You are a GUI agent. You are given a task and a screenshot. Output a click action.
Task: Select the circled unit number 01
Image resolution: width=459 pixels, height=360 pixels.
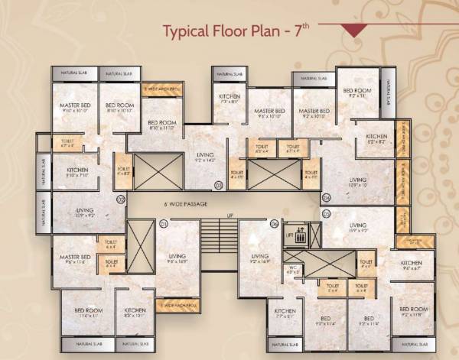tap(163, 223)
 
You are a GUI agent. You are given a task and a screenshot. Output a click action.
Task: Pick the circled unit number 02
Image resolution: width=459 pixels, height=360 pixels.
tap(121, 199)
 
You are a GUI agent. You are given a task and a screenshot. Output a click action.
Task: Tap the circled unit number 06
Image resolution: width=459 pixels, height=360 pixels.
tap(275, 223)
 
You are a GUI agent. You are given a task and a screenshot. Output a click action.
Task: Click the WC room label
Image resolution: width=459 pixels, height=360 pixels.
tap(292, 269)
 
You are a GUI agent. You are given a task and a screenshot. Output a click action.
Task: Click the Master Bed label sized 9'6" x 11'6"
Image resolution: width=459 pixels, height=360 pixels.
tap(76, 259)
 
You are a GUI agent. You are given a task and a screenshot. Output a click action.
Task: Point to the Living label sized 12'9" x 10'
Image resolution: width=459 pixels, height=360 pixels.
tap(358, 183)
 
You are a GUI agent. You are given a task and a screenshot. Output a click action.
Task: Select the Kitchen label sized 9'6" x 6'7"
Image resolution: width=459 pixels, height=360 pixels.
tap(412, 265)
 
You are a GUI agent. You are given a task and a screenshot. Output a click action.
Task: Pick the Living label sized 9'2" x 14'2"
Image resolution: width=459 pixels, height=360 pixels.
tap(204, 157)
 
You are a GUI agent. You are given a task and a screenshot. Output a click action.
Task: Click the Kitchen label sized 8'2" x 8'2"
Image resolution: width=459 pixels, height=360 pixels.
tap(376, 139)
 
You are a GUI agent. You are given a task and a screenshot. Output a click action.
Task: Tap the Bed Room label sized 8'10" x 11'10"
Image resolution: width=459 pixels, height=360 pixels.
tap(163, 125)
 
